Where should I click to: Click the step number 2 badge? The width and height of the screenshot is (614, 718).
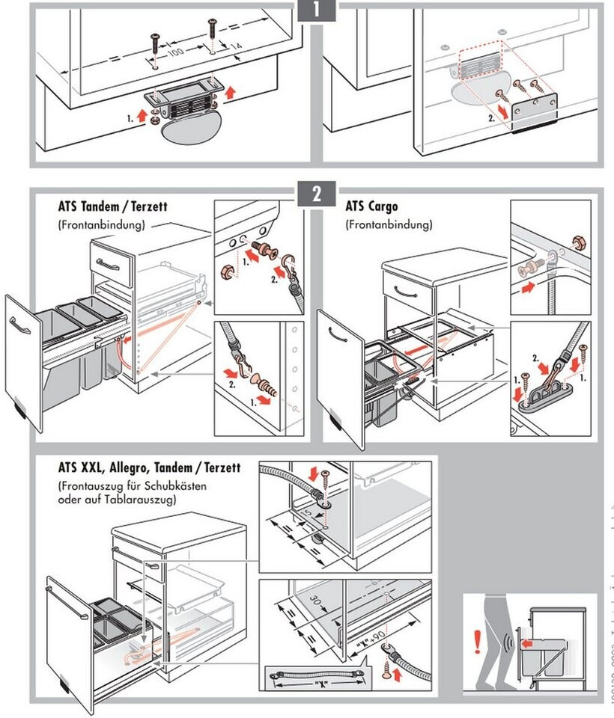[x=317, y=194]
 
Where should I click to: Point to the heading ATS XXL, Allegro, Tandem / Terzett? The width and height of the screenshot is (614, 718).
[x=149, y=468]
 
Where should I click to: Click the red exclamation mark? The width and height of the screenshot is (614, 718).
[x=477, y=641]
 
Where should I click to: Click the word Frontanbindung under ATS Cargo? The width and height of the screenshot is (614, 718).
[x=389, y=224]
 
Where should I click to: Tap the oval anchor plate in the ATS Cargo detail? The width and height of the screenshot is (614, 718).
[x=551, y=393]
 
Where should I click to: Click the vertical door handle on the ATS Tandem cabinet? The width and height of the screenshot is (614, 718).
[x=15, y=328]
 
